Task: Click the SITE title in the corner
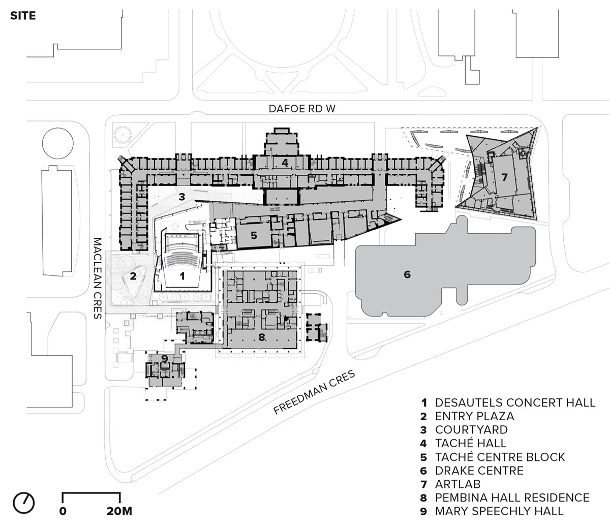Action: point(23,16)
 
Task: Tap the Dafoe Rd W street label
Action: point(303,109)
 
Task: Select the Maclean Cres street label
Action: point(97,278)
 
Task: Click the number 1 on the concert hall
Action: point(181,276)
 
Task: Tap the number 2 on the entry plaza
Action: point(133,276)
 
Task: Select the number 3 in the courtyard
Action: point(181,195)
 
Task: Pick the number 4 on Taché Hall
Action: point(285,163)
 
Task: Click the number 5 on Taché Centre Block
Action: point(254,235)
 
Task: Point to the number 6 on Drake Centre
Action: point(407,274)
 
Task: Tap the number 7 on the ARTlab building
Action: point(504,177)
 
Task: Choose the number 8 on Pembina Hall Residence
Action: point(262,336)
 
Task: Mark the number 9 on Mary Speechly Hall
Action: point(164,358)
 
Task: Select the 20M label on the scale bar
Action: point(119,511)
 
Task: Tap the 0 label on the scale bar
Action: point(63,511)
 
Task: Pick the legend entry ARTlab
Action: point(457,484)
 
